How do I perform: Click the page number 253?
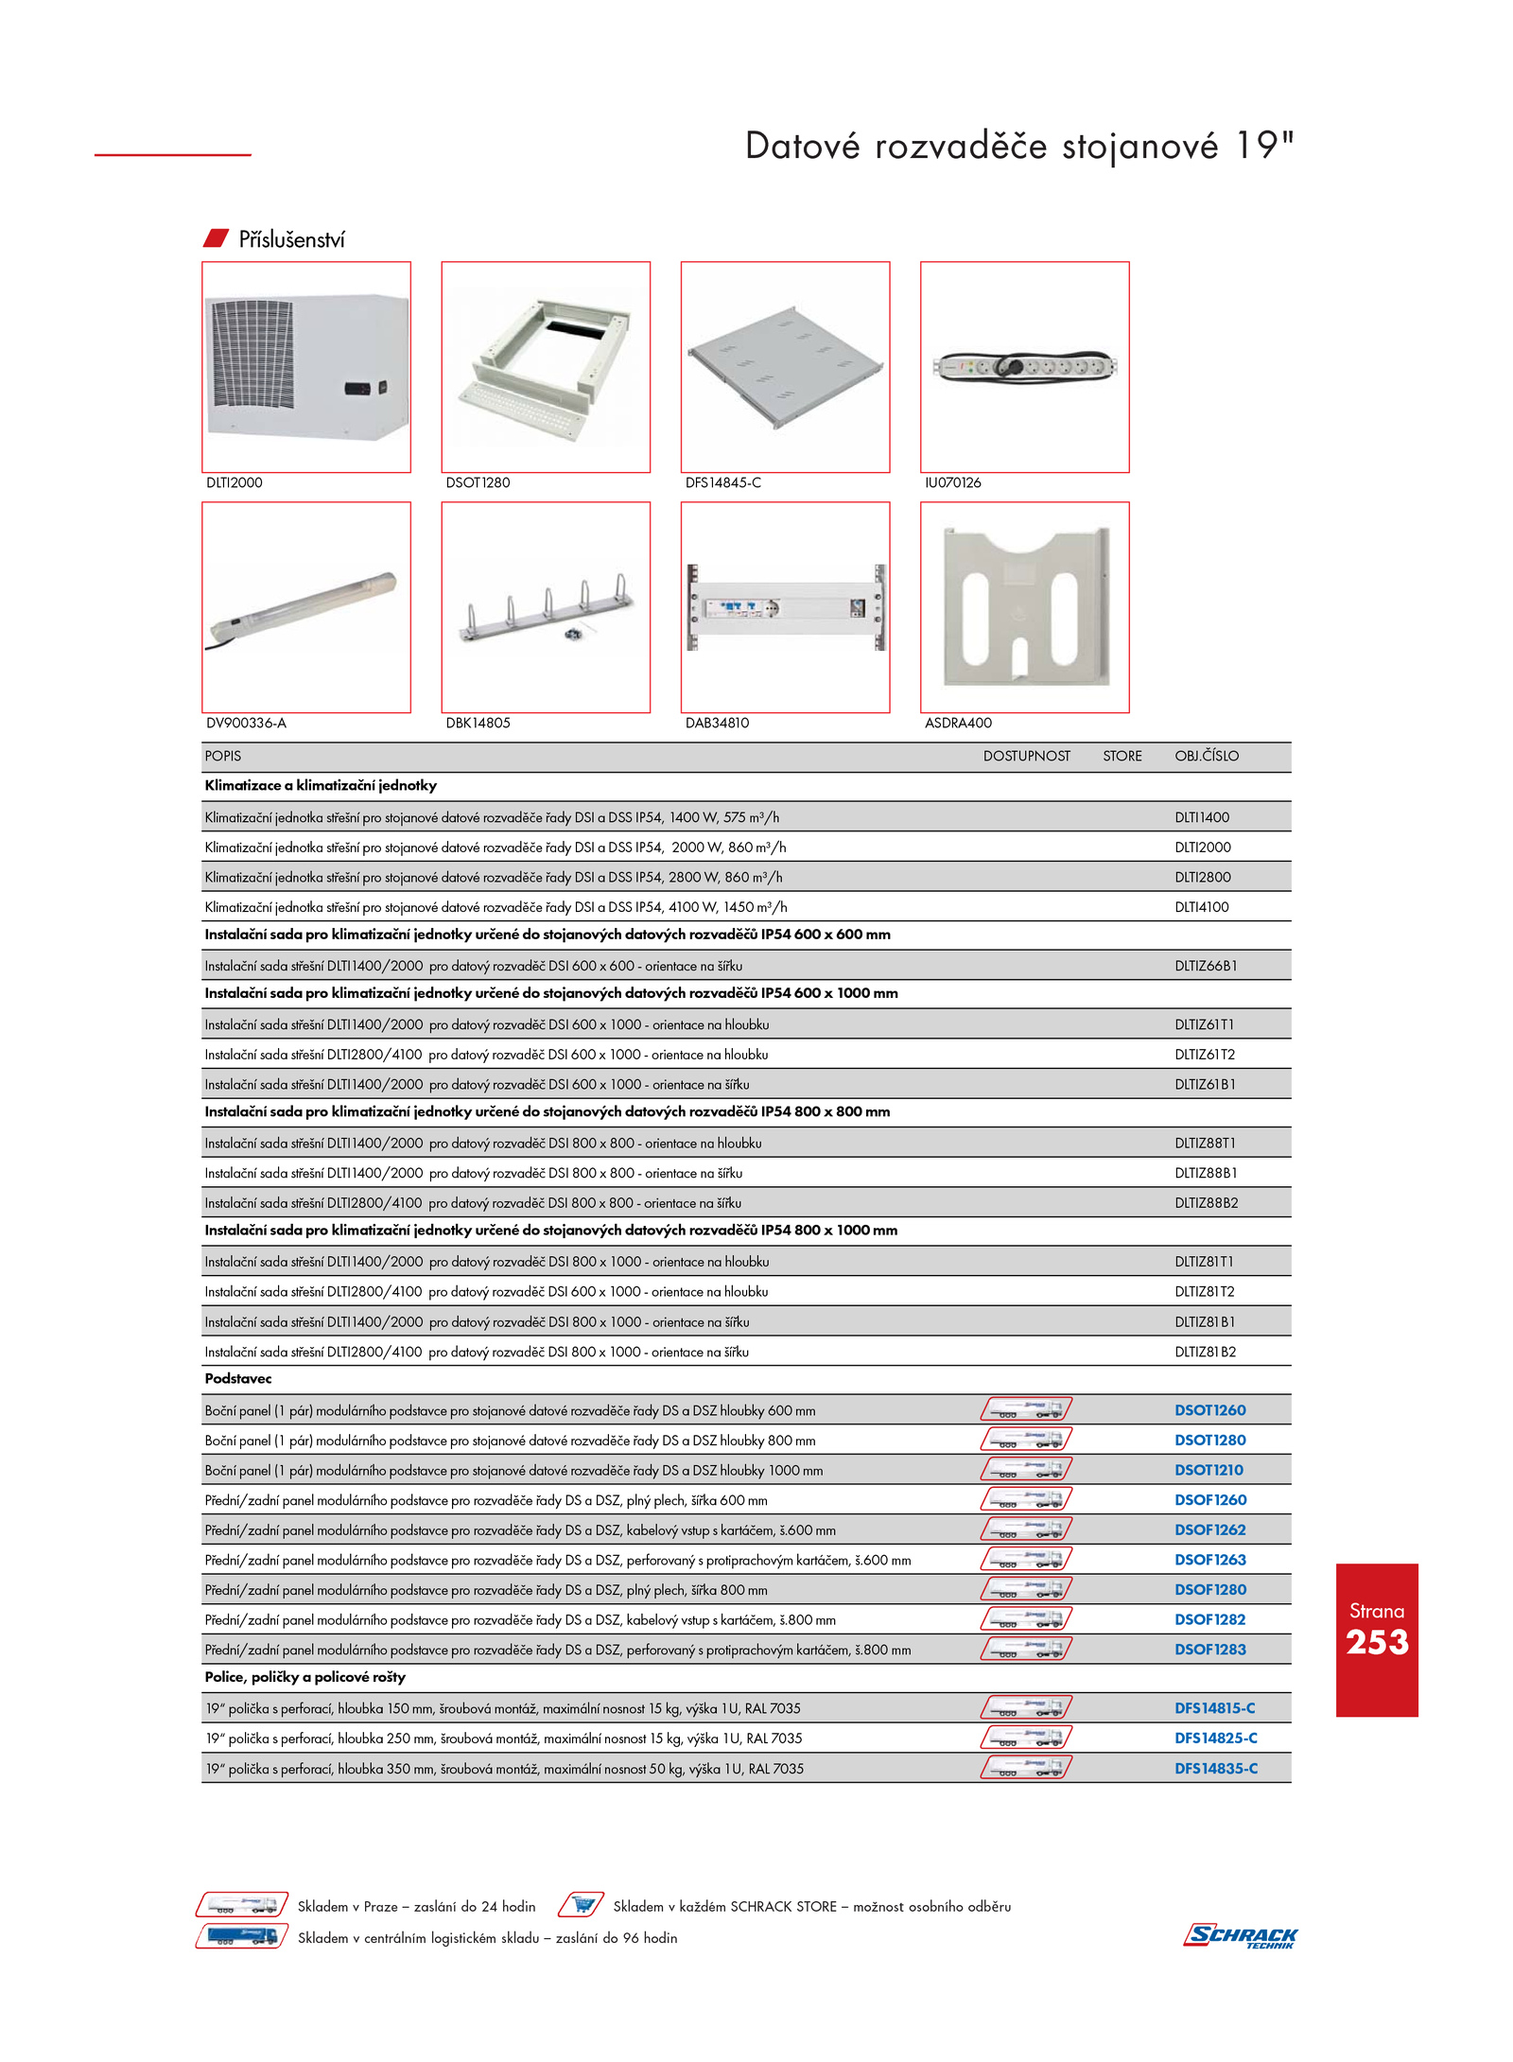[x=1377, y=1642]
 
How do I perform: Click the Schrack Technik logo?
[x=1240, y=1935]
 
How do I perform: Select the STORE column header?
[x=1122, y=756]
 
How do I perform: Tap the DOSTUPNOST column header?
[x=1026, y=756]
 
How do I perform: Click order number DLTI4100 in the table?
[x=1201, y=907]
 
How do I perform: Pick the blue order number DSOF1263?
[x=1209, y=1560]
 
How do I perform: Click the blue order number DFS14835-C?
[x=1215, y=1768]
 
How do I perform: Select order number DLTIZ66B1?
[x=1206, y=966]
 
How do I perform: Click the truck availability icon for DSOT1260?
[x=1026, y=1409]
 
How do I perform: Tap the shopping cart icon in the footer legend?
[x=582, y=1905]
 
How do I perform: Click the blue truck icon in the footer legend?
[x=241, y=1936]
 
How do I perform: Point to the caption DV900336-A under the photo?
[x=246, y=723]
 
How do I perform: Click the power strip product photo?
[x=1024, y=367]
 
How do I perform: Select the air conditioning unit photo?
[x=306, y=366]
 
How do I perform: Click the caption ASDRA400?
[x=958, y=723]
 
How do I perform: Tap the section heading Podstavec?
[x=238, y=1378]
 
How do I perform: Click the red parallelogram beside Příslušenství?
[x=217, y=238]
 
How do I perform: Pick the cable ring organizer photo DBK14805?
[x=546, y=607]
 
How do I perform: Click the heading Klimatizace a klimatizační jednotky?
[x=321, y=785]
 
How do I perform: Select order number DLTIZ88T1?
[x=1205, y=1143]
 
